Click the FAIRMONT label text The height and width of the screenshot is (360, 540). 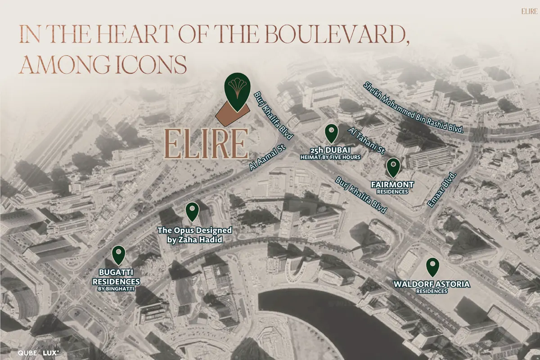(392, 184)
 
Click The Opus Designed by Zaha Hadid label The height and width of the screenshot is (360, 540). (194, 235)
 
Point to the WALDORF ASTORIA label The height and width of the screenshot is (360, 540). (431, 284)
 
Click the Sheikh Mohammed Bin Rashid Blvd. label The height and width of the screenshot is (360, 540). (414, 107)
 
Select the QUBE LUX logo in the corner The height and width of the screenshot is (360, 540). (38, 353)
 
